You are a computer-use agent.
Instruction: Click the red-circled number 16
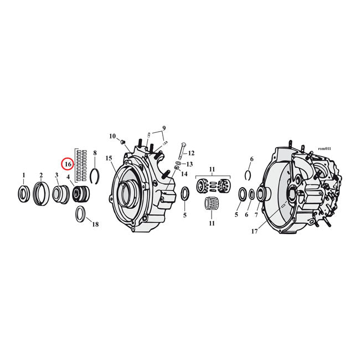pyautogui.click(x=67, y=164)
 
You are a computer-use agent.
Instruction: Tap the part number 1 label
pyautogui.click(x=23, y=176)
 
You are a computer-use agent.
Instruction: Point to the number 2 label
pyautogui.click(x=40, y=176)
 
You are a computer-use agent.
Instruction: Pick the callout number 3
pyautogui.click(x=56, y=176)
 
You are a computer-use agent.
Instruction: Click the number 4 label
pyautogui.click(x=68, y=177)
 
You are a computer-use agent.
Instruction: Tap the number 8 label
pyautogui.click(x=95, y=153)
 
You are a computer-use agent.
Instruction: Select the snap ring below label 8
pyautogui.click(x=95, y=175)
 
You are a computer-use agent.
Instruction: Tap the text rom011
pyautogui.click(x=325, y=149)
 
